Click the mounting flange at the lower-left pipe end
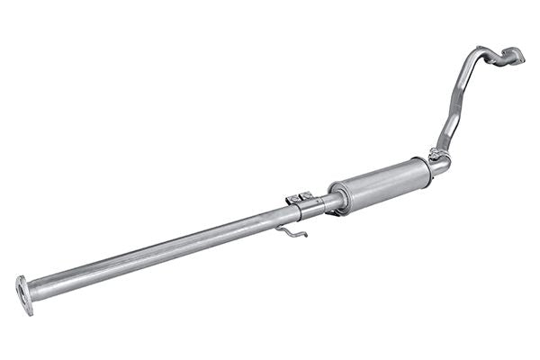tap(24, 295)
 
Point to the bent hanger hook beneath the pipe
tap(291, 231)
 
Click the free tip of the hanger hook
tap(305, 236)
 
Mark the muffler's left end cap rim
tap(338, 197)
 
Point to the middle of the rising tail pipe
tap(457, 101)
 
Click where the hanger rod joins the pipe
tap(278, 225)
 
